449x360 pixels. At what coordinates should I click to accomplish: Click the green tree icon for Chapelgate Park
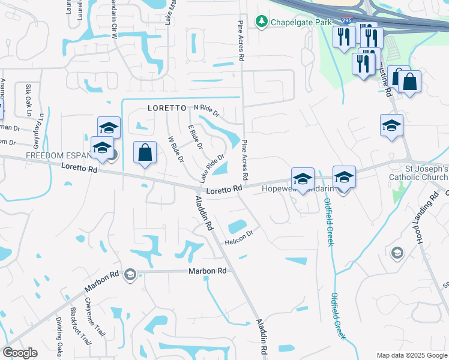click(261, 22)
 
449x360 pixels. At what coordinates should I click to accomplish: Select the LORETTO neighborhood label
click(167, 109)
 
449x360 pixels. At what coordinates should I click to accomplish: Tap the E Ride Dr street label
click(196, 138)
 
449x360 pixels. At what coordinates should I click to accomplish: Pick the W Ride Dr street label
click(176, 149)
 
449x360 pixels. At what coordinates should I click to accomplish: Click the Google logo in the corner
click(20, 352)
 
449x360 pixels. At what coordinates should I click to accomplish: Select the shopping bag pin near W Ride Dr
click(145, 152)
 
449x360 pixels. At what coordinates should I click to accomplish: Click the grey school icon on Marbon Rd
click(129, 275)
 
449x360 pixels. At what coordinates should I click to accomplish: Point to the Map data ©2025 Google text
click(411, 355)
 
